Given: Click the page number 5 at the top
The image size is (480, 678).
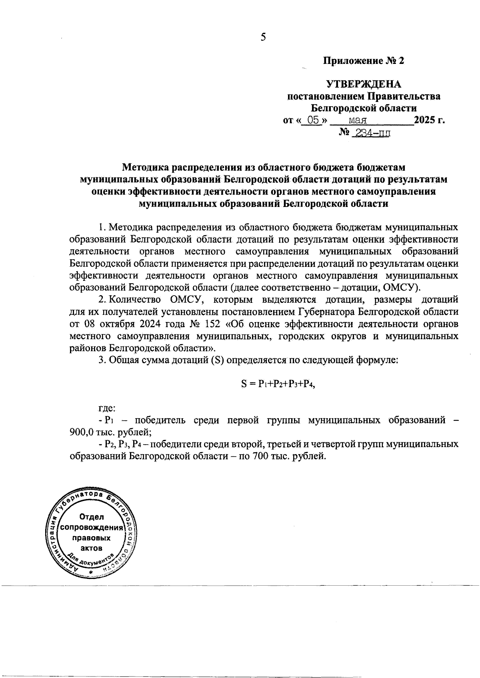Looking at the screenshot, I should tap(263, 37).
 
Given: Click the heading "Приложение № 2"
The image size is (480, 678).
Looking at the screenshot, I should tap(364, 61).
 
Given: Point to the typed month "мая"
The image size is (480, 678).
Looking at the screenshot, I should tap(358, 120).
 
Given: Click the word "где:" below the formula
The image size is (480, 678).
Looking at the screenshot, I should tap(107, 408).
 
